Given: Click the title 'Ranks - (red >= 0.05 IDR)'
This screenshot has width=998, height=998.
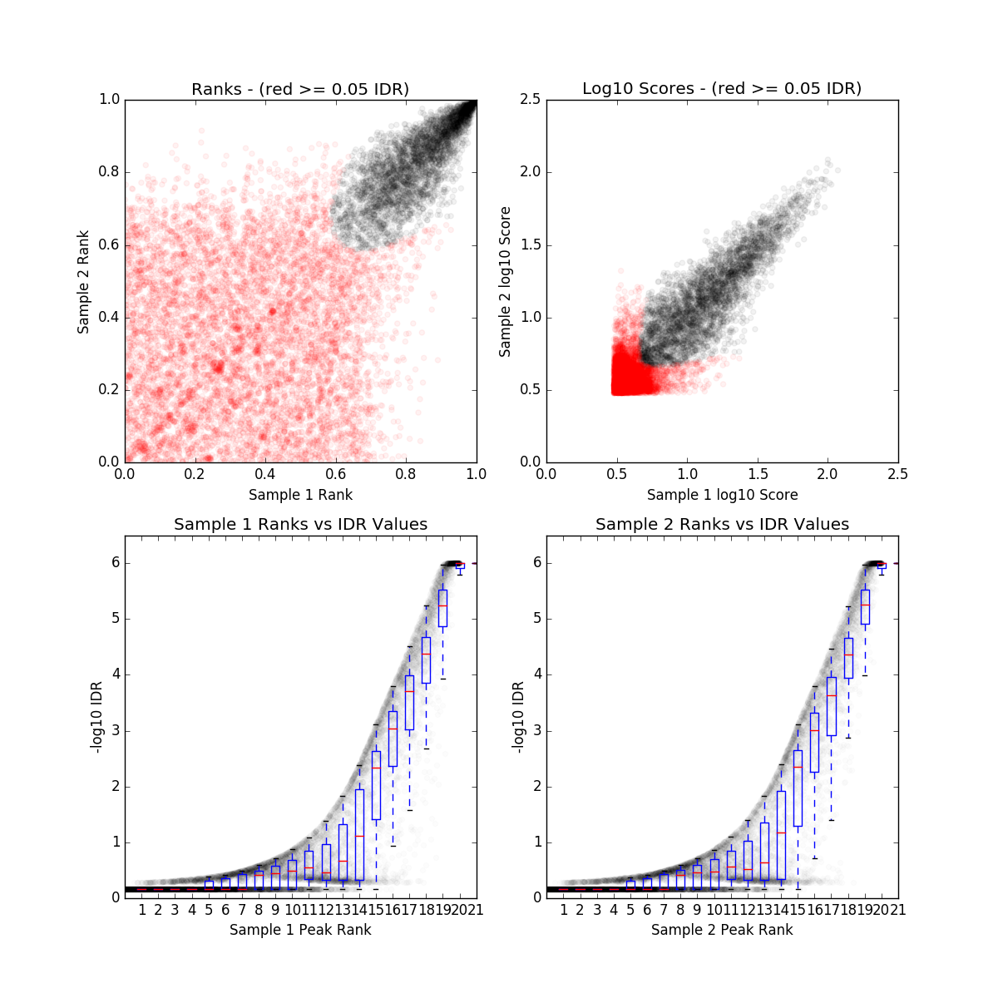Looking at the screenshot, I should pyautogui.click(x=300, y=89).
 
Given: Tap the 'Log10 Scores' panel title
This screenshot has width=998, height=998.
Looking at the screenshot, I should pyautogui.click(x=722, y=89).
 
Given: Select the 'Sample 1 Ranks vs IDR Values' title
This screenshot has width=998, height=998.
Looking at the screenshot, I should pyautogui.click(x=300, y=525).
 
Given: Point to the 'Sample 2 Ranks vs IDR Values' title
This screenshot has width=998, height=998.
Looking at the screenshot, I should pyautogui.click(x=722, y=525).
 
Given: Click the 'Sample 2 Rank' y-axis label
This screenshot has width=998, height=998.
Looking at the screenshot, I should pyautogui.click(x=83, y=282).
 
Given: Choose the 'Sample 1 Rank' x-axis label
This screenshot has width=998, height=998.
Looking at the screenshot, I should pyautogui.click(x=300, y=495).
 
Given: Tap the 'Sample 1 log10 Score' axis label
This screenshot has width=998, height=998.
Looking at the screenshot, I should pyautogui.click(x=722, y=495).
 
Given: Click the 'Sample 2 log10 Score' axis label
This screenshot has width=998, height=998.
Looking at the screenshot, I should pyautogui.click(x=505, y=282).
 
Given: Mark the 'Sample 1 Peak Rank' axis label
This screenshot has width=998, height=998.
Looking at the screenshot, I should pyautogui.click(x=300, y=930).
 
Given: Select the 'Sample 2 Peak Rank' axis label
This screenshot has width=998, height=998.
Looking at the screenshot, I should pyautogui.click(x=722, y=930).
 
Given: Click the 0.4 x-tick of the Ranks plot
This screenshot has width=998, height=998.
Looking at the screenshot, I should pyautogui.click(x=265, y=475).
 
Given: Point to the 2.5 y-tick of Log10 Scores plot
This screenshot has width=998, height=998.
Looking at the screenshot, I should pyautogui.click(x=530, y=100).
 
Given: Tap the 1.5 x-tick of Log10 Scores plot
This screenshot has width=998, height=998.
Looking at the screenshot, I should pyautogui.click(x=757, y=475).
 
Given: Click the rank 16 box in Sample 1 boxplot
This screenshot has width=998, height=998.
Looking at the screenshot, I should pyautogui.click(x=393, y=739).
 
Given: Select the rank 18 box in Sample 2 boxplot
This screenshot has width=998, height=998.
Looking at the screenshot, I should pyautogui.click(x=848, y=658).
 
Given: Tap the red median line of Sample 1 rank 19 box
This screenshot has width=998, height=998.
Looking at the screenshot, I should pyautogui.click(x=442, y=605).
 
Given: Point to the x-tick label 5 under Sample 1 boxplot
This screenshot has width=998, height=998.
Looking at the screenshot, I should pyautogui.click(x=209, y=910).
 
